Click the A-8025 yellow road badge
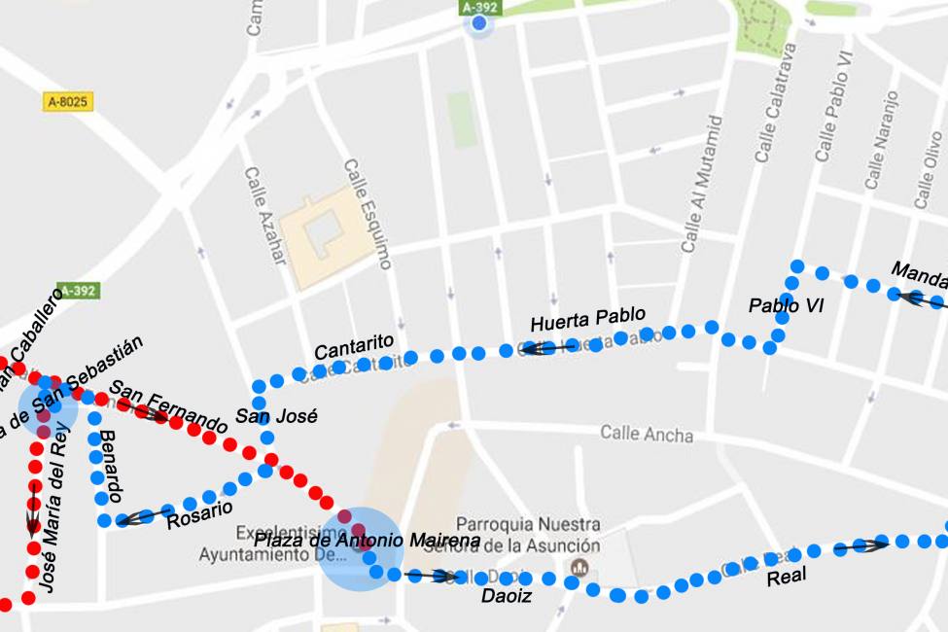69,101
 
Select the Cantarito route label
354,346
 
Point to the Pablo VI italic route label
786,305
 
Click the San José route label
276,416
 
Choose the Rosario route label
199,514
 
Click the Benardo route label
111,466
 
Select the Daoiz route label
507,596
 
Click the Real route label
787,578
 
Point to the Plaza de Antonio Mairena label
367,540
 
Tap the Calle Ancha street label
646,433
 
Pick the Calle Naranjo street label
881,141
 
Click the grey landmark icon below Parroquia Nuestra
580,567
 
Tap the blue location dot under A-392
478,23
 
